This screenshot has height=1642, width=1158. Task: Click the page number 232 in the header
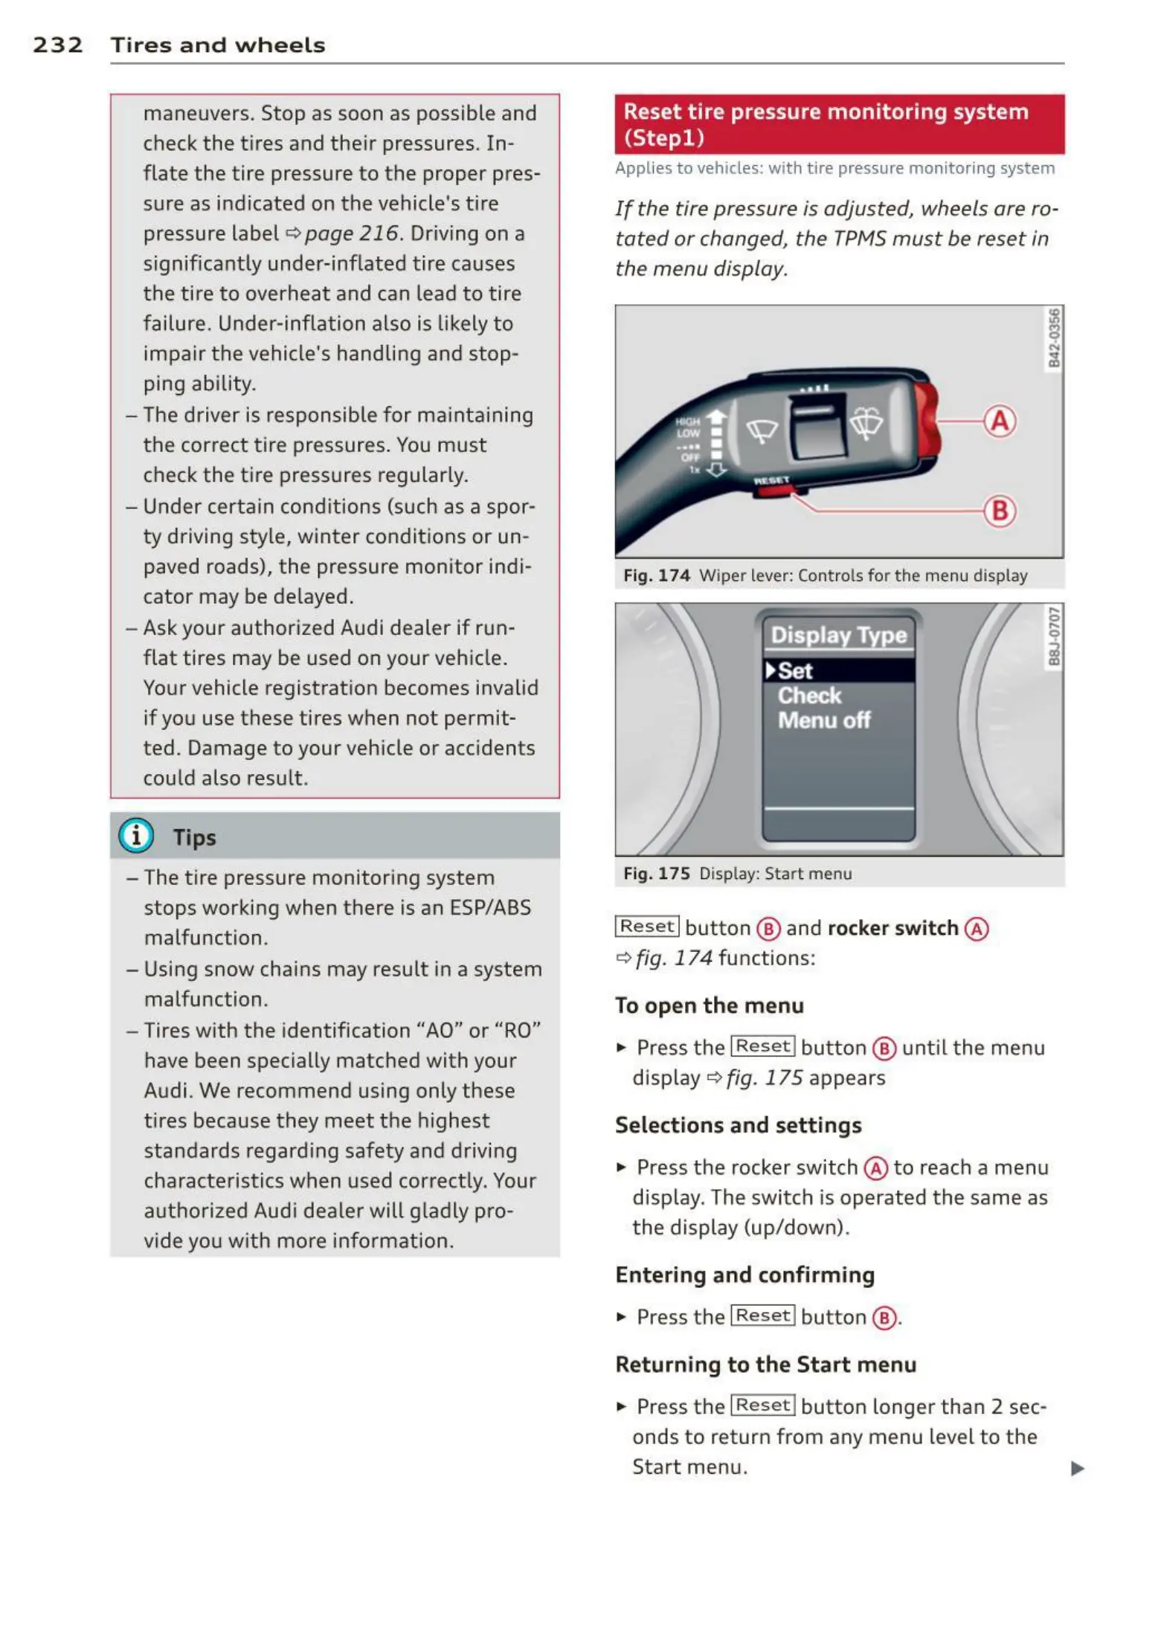click(x=57, y=45)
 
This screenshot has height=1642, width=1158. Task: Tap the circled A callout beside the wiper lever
click(x=1000, y=421)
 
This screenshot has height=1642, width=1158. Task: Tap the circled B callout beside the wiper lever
click(x=1000, y=511)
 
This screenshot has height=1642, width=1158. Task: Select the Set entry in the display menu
click(x=795, y=671)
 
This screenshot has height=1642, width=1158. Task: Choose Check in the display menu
click(x=809, y=696)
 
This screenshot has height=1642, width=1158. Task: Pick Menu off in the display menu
click(x=824, y=721)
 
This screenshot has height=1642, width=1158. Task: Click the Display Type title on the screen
click(x=838, y=635)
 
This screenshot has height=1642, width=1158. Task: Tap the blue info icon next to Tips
click(x=136, y=836)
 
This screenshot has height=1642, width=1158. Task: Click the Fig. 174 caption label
click(x=657, y=576)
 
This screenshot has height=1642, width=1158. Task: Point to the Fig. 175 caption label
click(x=657, y=874)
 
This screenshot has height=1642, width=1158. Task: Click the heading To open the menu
click(x=709, y=1005)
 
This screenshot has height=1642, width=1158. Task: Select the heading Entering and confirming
click(x=744, y=1275)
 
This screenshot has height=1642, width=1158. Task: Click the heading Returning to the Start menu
click(x=765, y=1365)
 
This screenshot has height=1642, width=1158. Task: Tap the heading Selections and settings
click(x=738, y=1125)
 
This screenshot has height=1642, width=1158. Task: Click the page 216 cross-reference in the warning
click(x=351, y=234)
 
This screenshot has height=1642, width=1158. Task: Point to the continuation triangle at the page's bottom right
click(x=1077, y=1469)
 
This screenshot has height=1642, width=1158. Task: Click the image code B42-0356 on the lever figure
click(x=1054, y=338)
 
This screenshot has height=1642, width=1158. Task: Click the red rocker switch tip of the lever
click(x=927, y=420)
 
